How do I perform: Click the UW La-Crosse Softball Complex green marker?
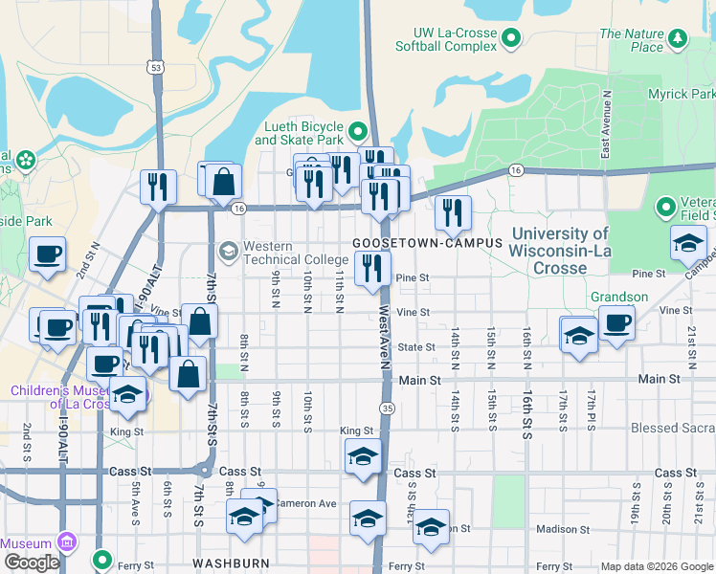pos(511,38)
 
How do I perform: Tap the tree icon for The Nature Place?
pos(679,38)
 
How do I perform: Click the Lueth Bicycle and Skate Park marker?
pos(358,130)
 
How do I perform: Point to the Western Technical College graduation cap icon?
pos(228,252)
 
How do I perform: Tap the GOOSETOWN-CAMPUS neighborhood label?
pos(427,243)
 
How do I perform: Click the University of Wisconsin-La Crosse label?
pos(560,251)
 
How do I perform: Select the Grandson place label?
pos(618,298)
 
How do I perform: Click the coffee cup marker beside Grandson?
pos(616,322)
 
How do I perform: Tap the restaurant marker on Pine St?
pos(372,268)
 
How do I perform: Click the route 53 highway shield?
pos(155,67)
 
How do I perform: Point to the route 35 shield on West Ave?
pos(387,408)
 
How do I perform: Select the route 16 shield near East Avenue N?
pos(516,169)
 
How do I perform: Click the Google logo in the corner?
pos(32,563)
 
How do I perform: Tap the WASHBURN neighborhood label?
pos(231,563)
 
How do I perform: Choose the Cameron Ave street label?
pos(306,503)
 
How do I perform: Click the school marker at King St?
pos(364,456)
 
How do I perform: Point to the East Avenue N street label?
pos(606,124)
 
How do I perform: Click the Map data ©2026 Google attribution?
pos(656,566)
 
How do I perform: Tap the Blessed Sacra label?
pos(672,429)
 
